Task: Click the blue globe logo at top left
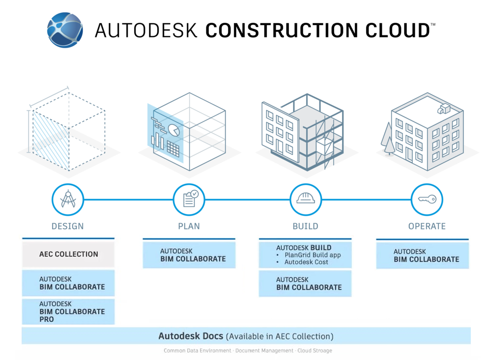(x=65, y=30)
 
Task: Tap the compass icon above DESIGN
(x=68, y=200)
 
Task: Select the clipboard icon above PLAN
(x=189, y=200)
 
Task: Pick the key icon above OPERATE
(x=427, y=200)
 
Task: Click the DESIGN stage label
(x=68, y=226)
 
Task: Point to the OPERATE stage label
(x=427, y=226)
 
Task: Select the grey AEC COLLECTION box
(x=68, y=254)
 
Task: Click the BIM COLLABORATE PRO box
(x=68, y=311)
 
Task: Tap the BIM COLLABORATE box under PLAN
(x=189, y=255)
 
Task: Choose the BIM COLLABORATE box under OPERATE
(x=423, y=255)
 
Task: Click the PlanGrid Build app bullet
(x=312, y=255)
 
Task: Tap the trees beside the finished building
(x=387, y=138)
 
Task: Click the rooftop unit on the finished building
(x=445, y=108)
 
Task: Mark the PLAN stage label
(x=189, y=226)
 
